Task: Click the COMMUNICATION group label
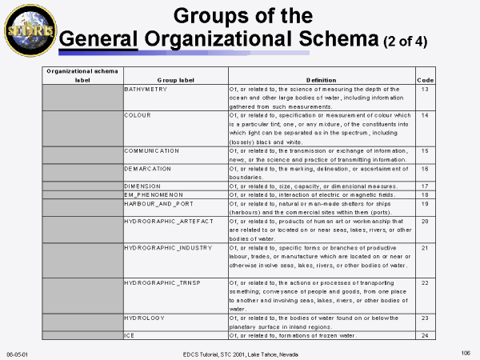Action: point(152,150)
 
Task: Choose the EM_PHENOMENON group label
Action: point(151,194)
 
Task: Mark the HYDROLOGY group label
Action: point(145,317)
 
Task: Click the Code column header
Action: point(426,81)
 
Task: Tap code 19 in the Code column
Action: point(426,202)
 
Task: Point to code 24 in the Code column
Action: point(426,334)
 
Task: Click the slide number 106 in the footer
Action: point(465,352)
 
